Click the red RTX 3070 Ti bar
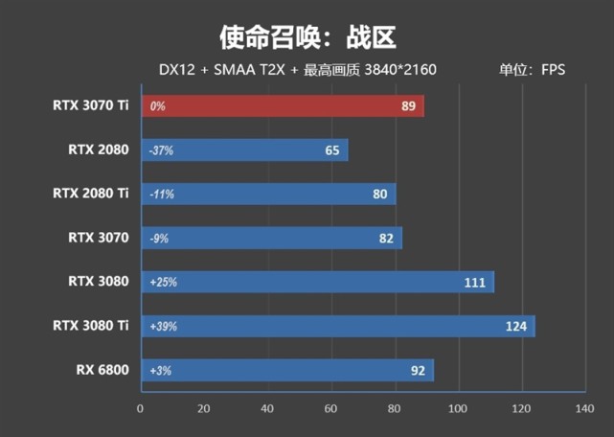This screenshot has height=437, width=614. (x=283, y=105)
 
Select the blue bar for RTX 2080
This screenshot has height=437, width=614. (x=244, y=150)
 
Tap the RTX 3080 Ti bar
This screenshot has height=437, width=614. (x=337, y=327)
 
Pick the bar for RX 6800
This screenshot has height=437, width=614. (x=287, y=371)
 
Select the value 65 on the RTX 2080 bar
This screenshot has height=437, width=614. (x=332, y=150)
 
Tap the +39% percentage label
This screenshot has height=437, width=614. (x=163, y=327)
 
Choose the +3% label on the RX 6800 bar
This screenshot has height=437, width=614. (x=159, y=371)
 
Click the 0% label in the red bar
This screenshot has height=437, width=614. (x=157, y=106)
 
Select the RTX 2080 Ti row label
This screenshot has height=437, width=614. (x=90, y=194)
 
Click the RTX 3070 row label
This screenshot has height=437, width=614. (x=98, y=237)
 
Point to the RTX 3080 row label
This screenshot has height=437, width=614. (x=98, y=282)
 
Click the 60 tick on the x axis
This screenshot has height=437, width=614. (x=330, y=409)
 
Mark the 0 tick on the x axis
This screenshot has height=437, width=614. (x=141, y=409)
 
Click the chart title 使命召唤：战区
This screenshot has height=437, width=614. (x=307, y=36)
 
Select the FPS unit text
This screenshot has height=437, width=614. (x=553, y=70)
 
